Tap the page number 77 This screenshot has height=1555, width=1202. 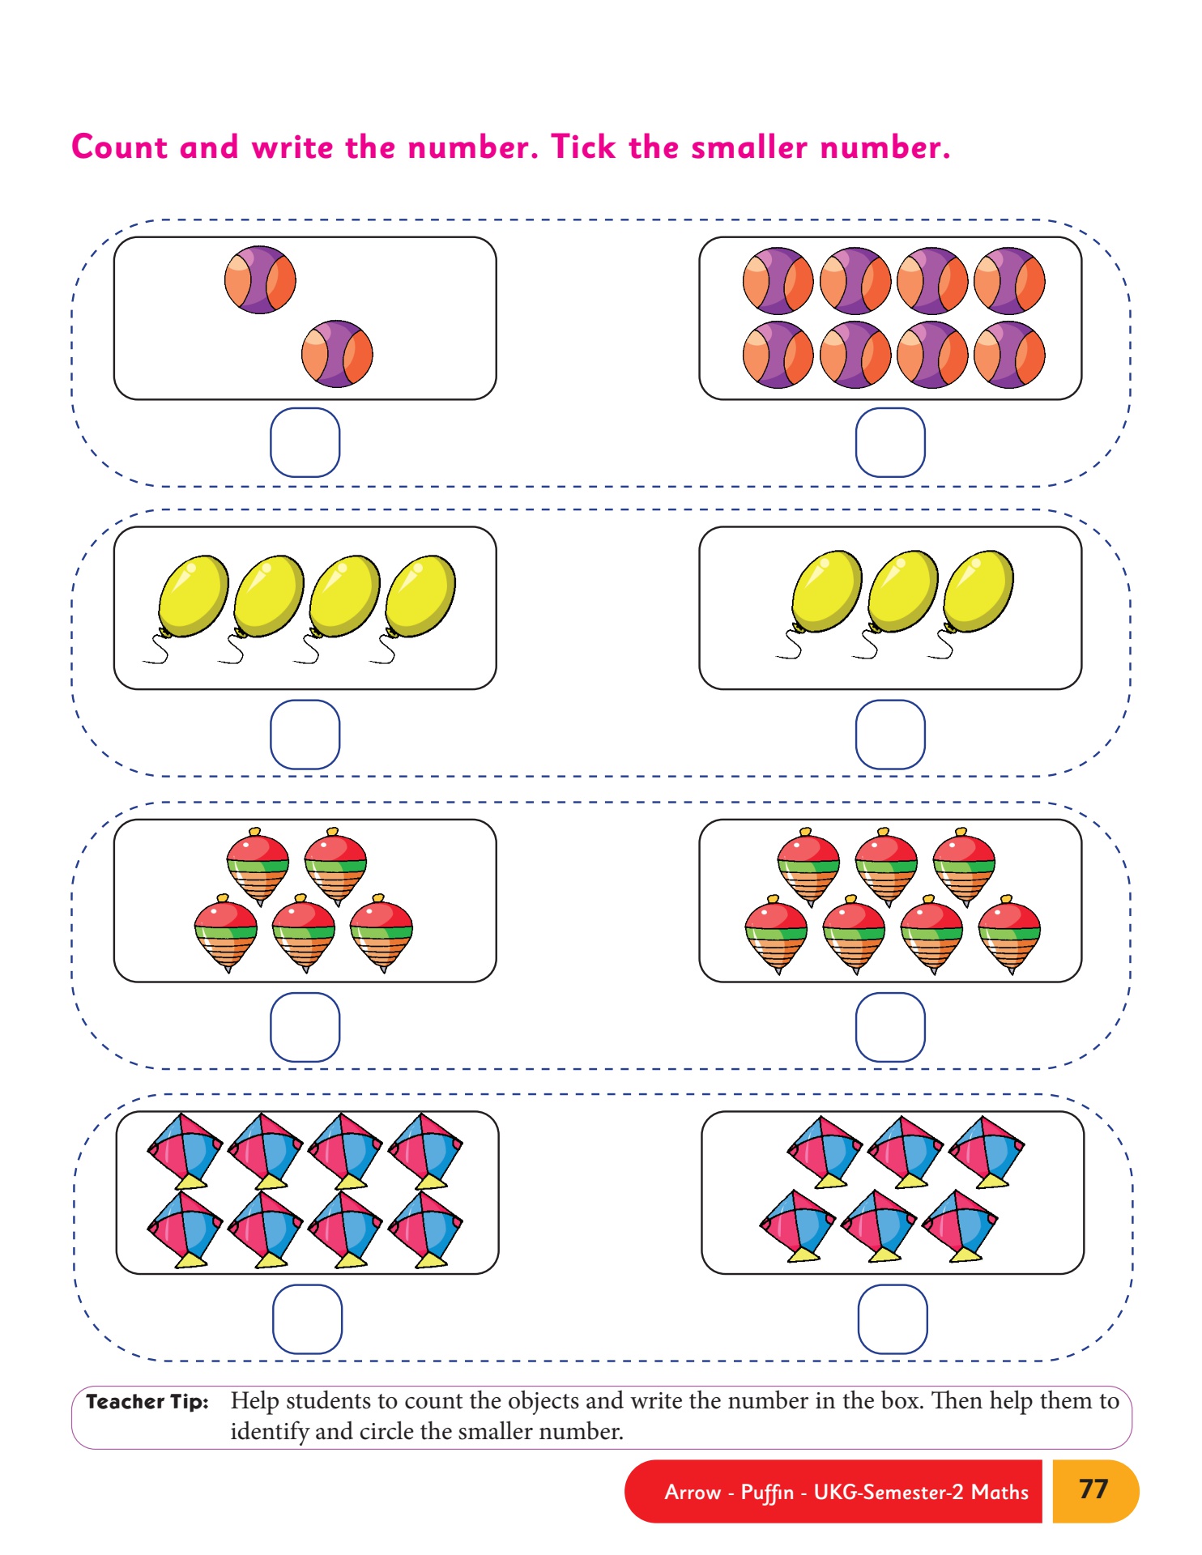click(1093, 1489)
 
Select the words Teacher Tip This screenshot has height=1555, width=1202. click(147, 1402)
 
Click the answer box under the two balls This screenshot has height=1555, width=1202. click(305, 442)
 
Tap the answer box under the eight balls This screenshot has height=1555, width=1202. click(890, 442)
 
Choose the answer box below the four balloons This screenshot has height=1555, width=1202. click(305, 734)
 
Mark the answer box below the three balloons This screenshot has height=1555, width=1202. click(890, 734)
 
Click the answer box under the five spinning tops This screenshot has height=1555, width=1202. click(305, 1027)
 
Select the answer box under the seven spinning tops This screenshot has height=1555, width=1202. click(890, 1027)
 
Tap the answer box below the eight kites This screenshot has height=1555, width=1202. click(307, 1319)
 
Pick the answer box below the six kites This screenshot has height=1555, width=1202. click(893, 1319)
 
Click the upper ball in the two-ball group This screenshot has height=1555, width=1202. click(260, 280)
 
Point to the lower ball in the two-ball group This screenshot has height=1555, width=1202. click(337, 354)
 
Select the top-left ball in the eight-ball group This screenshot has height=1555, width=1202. click(778, 281)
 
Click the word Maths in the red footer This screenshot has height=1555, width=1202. click(1000, 1492)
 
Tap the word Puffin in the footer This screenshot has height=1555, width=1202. click(767, 1492)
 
